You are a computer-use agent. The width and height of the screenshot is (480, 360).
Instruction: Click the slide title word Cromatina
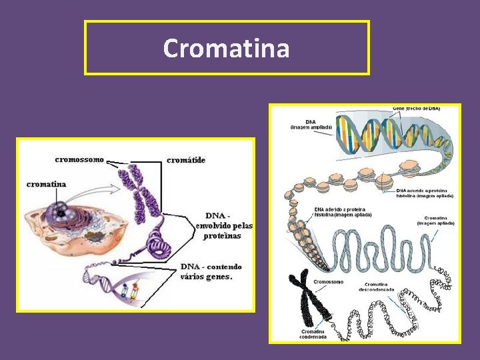226,48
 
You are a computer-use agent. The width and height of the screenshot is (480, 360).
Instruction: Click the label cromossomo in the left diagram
79,159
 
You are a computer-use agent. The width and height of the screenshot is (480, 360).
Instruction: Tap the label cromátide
186,160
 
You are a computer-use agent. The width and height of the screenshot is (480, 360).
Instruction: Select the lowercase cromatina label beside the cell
47,184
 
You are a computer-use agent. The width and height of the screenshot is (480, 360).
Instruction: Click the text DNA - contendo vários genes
211,271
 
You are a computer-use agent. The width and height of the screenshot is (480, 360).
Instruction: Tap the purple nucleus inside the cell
62,213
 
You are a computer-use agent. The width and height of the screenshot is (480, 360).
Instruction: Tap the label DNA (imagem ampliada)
311,125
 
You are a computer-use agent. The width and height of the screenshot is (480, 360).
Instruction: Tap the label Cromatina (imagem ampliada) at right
435,221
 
